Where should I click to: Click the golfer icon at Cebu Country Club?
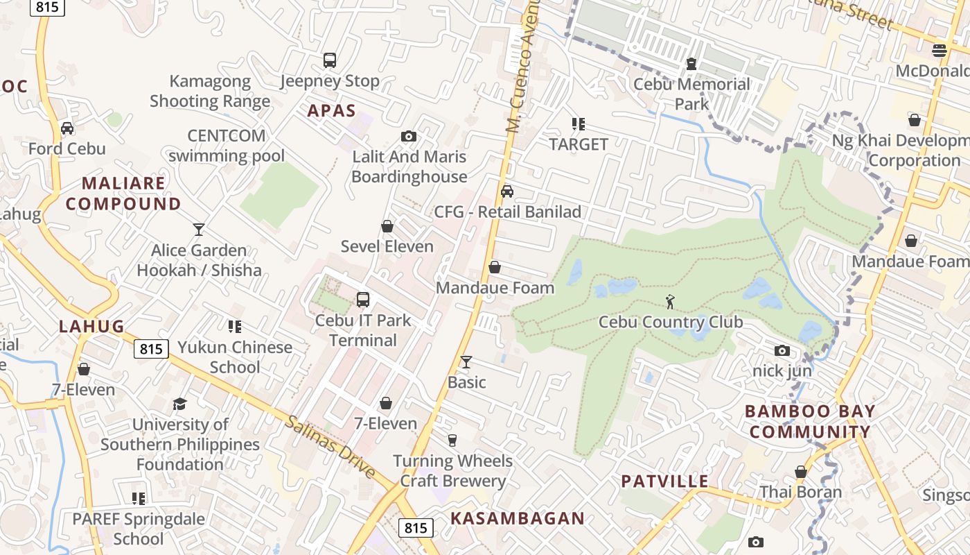pos(670,302)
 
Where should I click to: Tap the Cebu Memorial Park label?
pos(691,94)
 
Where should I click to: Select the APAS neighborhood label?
pos(332,111)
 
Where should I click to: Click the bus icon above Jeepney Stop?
pos(330,60)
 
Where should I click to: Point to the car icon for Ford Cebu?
pos(67,128)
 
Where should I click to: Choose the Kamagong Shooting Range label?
pos(210,92)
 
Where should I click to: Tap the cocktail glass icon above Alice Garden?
pos(199,230)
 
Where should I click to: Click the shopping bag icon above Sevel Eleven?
pos(387,226)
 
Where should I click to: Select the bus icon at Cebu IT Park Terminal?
pos(363,300)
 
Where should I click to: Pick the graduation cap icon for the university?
pos(180,404)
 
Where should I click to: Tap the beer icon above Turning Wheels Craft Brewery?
pos(452,440)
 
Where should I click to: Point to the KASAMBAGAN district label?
pos(518,518)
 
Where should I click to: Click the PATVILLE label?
pos(664,481)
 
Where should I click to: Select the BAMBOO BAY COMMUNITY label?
pos(810,422)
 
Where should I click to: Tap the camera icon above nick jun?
pos(782,350)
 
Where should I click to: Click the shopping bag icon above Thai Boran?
pos(801,472)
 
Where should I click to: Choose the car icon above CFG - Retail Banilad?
pos(507,191)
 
